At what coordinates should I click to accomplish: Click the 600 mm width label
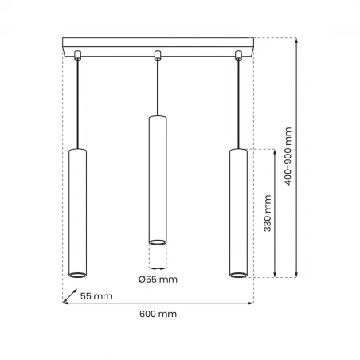click(x=158, y=314)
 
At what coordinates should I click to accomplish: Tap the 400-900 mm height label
click(x=288, y=158)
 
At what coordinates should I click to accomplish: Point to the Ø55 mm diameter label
click(x=158, y=279)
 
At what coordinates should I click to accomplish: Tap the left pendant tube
click(x=77, y=212)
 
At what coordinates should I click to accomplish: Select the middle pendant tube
click(x=158, y=178)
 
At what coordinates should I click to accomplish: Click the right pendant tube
click(x=238, y=212)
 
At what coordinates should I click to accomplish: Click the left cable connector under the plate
click(x=77, y=55)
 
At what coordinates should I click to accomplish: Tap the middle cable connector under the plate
click(x=158, y=55)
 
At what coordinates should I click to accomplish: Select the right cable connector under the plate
click(x=238, y=55)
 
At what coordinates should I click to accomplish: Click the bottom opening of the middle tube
click(x=158, y=241)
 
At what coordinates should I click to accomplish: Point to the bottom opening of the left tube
click(x=77, y=275)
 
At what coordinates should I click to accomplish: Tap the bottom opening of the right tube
click(x=238, y=275)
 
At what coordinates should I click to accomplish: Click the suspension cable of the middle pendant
click(x=158, y=88)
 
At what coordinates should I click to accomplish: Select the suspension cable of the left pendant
click(x=77, y=104)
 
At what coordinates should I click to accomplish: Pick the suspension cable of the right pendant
click(x=238, y=104)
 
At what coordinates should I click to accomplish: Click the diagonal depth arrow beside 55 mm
click(x=70, y=297)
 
